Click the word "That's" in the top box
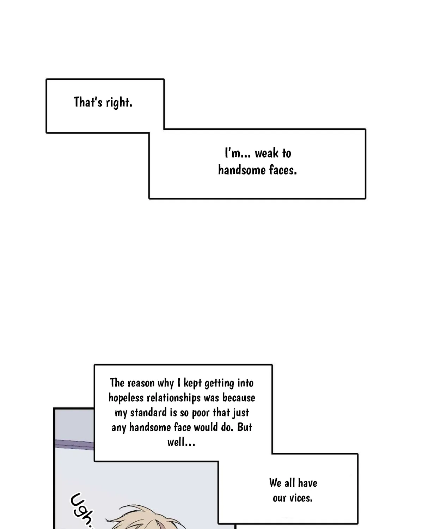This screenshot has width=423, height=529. [88, 102]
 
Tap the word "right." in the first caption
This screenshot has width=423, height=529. [119, 103]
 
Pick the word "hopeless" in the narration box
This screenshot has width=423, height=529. [126, 398]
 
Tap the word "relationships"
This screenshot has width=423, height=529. [173, 398]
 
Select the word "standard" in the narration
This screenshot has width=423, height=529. [148, 413]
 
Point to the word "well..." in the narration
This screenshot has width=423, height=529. [182, 443]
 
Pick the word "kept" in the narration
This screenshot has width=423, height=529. [192, 383]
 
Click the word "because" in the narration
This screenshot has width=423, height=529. [239, 398]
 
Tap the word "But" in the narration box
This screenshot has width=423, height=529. [245, 427]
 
